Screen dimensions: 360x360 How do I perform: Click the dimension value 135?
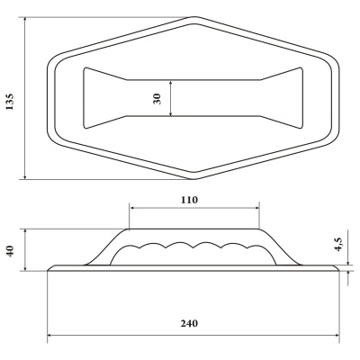(10, 102)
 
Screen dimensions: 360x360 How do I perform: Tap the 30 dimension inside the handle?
(157, 99)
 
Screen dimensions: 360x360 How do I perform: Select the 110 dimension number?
(189, 200)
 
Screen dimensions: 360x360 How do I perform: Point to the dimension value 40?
(10, 251)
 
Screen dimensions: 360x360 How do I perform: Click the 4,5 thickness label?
(338, 244)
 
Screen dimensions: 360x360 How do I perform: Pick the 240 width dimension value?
(189, 323)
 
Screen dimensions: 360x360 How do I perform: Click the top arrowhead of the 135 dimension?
(25, 20)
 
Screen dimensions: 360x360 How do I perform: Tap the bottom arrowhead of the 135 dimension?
(25, 176)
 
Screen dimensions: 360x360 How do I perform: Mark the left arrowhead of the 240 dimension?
(50, 335)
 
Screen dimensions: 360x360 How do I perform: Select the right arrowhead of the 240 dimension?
(337, 335)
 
